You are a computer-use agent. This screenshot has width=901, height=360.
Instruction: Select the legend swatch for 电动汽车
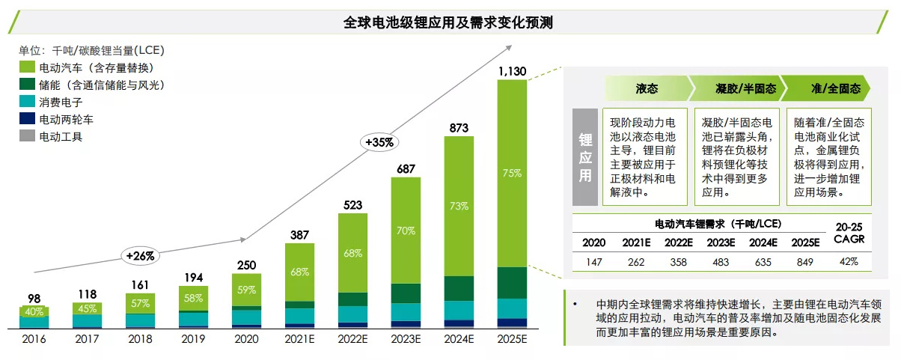tap(28, 68)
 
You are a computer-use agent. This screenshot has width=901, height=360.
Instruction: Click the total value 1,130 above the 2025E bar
tap(512, 71)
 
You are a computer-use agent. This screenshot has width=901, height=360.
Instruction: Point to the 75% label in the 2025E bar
tap(512, 173)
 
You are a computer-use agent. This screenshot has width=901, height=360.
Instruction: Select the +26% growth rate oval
tap(140, 256)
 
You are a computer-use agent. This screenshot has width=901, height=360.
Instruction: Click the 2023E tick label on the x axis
tap(406, 339)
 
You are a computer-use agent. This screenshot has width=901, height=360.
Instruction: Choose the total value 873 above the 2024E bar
tap(459, 129)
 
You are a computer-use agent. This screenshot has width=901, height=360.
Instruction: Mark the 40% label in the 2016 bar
tap(34, 311)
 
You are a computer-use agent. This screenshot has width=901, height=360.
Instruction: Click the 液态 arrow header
tap(647, 89)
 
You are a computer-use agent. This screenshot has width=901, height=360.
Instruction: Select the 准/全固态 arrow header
tap(835, 89)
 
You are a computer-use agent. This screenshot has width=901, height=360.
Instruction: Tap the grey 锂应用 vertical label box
tap(585, 158)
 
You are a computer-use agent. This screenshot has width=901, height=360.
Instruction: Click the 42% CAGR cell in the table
tap(847, 261)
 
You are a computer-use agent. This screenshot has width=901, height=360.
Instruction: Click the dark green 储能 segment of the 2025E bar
tap(512, 282)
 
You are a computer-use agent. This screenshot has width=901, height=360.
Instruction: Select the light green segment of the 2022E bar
tap(352, 252)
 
